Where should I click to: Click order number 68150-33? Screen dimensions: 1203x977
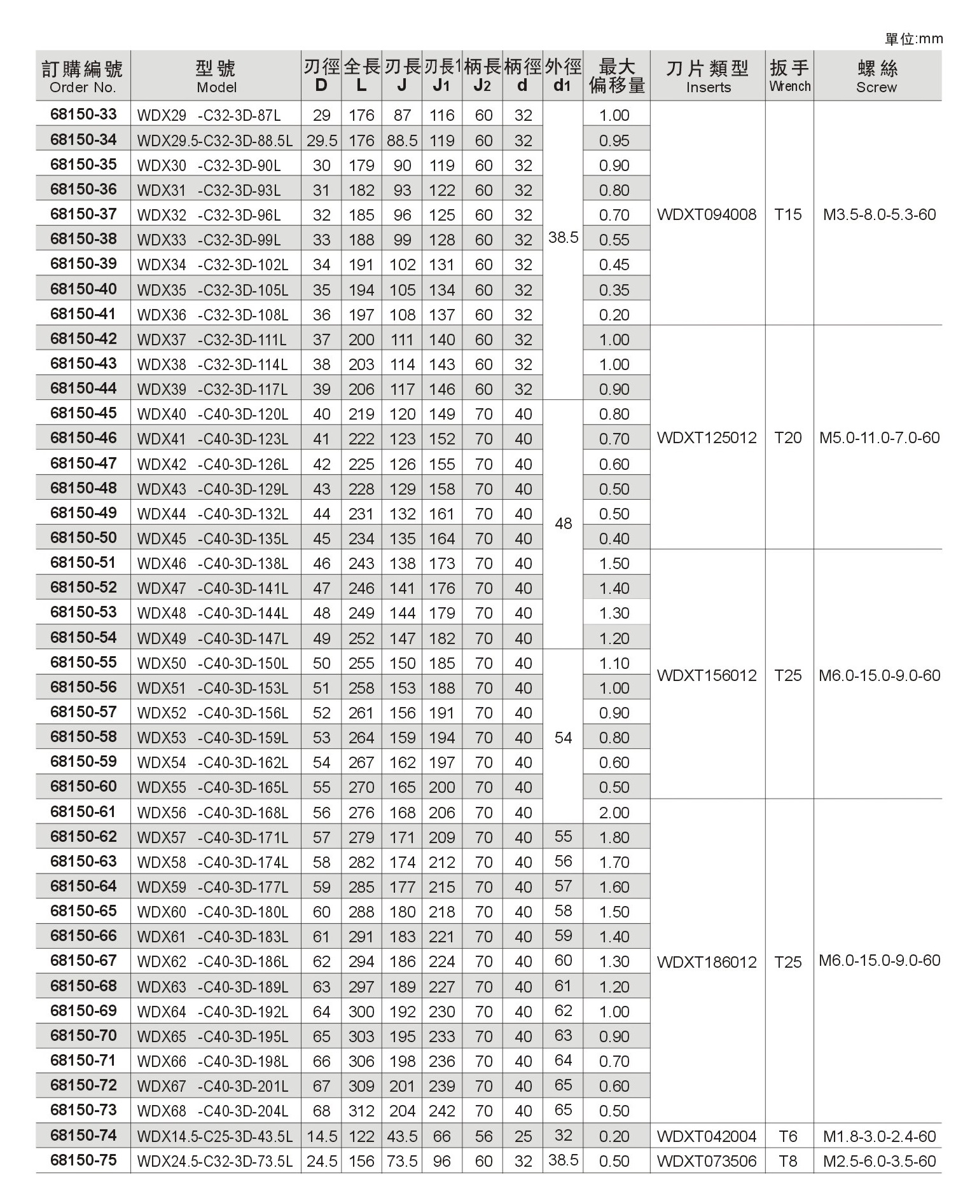pyautogui.click(x=83, y=114)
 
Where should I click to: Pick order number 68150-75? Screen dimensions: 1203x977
pyautogui.click(x=83, y=1160)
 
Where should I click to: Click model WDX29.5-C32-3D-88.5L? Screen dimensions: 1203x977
pyautogui.click(x=215, y=140)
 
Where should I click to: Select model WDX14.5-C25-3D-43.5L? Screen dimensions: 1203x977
pyautogui.click(x=215, y=1136)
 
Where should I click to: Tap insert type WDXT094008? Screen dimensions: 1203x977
pyautogui.click(x=707, y=215)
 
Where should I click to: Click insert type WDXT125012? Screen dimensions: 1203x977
pyautogui.click(x=707, y=438)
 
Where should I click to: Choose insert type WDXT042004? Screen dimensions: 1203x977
pyautogui.click(x=707, y=1136)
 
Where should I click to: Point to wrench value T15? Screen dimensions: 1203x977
pyautogui.click(x=788, y=215)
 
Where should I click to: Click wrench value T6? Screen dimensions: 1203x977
pyautogui.click(x=788, y=1136)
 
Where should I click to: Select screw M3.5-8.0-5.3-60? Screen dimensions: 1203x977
pyautogui.click(x=879, y=215)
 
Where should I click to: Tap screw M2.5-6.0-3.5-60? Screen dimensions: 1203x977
pyautogui.click(x=879, y=1161)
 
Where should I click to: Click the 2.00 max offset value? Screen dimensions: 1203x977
pyautogui.click(x=614, y=813)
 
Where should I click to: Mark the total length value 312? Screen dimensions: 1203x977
pyautogui.click(x=361, y=1111)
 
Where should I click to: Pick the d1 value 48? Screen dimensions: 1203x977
pyautogui.click(x=564, y=524)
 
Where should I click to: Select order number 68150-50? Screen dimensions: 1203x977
pyautogui.click(x=83, y=538)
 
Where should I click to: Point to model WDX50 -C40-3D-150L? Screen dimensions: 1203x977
pyautogui.click(x=212, y=663)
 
